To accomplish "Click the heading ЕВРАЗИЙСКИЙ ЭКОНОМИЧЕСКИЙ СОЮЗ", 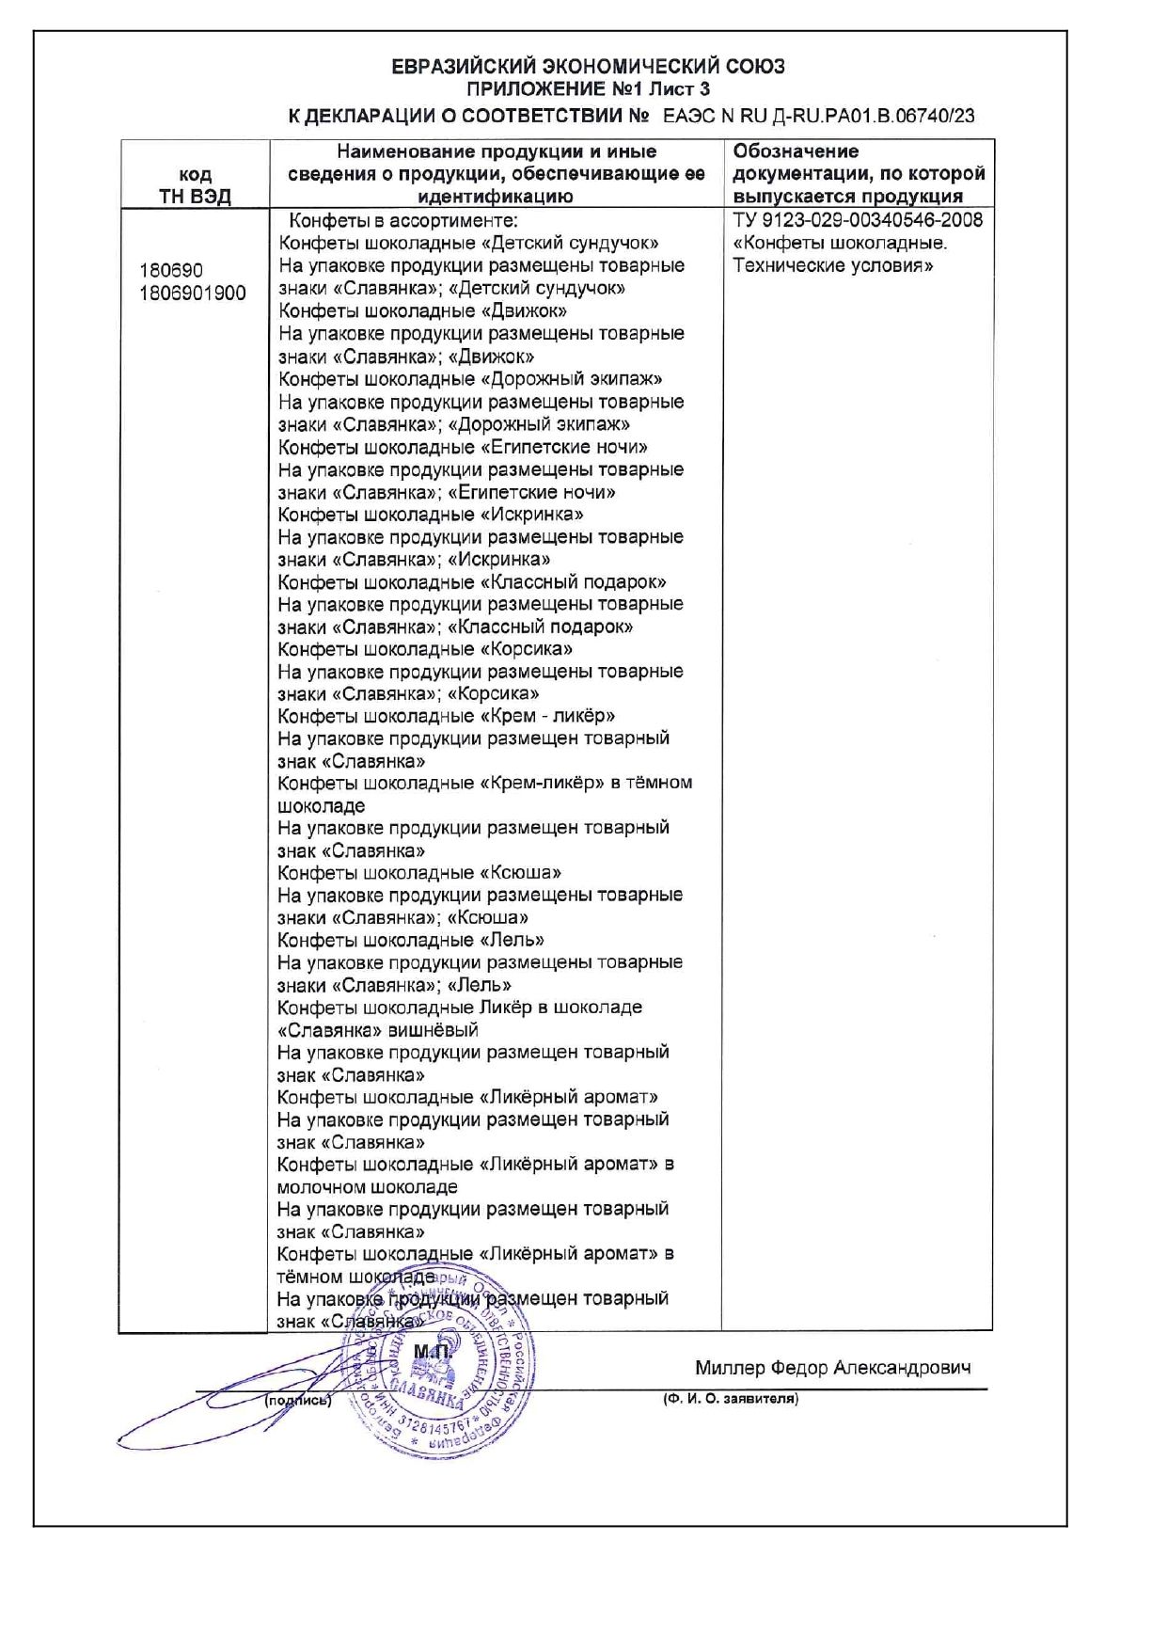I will pyautogui.click(x=588, y=67).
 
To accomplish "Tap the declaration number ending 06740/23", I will pyautogui.click(x=818, y=117).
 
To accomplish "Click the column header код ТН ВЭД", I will pyautogui.click(x=195, y=185).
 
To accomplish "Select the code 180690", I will pyautogui.click(x=171, y=271).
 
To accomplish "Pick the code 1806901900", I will pyautogui.click(x=193, y=294).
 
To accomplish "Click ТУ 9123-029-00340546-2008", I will pyautogui.click(x=858, y=220).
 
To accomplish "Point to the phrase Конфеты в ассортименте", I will pyautogui.click(x=402, y=221).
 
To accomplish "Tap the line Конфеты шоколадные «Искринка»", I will pyautogui.click(x=430, y=515).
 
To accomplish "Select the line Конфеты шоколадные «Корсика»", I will pyautogui.click(x=425, y=649).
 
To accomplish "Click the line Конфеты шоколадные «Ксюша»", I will pyautogui.click(x=419, y=873).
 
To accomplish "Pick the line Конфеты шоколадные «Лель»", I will pyautogui.click(x=411, y=940).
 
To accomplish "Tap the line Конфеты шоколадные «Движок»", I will pyautogui.click(x=422, y=311).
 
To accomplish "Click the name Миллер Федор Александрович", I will pyautogui.click(x=833, y=1368).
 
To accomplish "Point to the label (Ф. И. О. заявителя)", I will pyautogui.click(x=731, y=1399).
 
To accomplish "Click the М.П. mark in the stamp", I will pyautogui.click(x=432, y=1352).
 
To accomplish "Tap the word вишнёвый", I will pyautogui.click(x=434, y=1030).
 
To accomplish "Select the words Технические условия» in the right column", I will pyautogui.click(x=832, y=266).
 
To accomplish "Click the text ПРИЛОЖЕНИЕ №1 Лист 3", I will pyautogui.click(x=588, y=90).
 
